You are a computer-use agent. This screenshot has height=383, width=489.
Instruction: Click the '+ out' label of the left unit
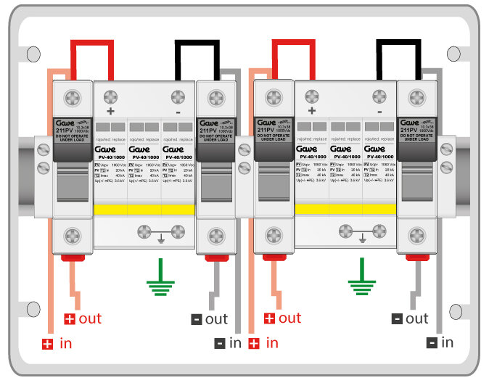[83, 318]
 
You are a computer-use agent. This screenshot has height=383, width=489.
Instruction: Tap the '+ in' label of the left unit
[57, 344]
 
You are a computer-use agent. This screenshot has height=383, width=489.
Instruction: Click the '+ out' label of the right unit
[284, 318]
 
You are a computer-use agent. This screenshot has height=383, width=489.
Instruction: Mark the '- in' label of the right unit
[440, 342]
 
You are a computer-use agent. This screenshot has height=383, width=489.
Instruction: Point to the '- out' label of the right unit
[410, 318]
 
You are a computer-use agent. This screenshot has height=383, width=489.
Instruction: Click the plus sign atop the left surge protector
[111, 112]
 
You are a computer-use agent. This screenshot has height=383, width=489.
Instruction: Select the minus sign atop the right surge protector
[379, 112]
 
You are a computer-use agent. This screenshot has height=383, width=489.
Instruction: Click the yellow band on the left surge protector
[144, 210]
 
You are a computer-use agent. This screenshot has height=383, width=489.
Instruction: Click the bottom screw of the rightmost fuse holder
[416, 236]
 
